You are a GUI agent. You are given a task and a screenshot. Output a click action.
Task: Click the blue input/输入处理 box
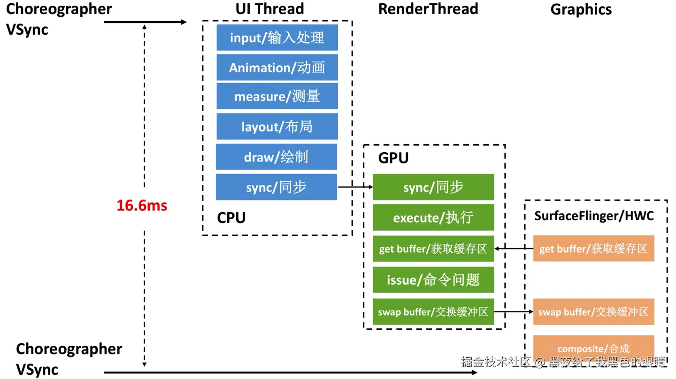(x=277, y=38)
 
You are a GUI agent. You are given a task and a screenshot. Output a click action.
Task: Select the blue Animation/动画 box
(x=277, y=68)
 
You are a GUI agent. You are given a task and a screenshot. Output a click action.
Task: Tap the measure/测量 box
(x=277, y=96)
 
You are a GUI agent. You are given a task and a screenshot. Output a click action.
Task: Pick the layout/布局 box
(x=277, y=126)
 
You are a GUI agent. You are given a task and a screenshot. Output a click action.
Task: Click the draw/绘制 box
(x=277, y=157)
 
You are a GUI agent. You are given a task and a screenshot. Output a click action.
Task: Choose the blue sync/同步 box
(x=277, y=187)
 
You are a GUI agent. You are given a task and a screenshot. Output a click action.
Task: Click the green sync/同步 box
(x=433, y=187)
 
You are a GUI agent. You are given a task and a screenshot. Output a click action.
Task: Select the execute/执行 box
(x=433, y=217)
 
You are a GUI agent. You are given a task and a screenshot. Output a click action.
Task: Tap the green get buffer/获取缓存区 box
(x=433, y=249)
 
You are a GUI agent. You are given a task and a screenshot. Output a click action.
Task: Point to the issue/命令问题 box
(x=433, y=280)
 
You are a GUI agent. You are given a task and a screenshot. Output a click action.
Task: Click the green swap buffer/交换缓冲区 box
(x=433, y=311)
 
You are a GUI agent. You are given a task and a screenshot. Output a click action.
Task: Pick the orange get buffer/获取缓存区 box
(x=593, y=248)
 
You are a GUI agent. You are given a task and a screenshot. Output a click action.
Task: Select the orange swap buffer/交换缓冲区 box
(x=593, y=311)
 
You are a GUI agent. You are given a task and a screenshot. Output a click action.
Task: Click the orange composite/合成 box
(x=593, y=348)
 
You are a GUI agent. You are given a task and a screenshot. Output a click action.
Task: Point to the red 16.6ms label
(x=142, y=205)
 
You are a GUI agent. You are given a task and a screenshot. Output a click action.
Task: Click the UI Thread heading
(x=269, y=9)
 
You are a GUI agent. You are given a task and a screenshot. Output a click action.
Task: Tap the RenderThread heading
(x=428, y=9)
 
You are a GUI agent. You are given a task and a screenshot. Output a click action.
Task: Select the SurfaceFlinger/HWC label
(x=594, y=216)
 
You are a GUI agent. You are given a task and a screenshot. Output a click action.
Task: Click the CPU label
(x=231, y=218)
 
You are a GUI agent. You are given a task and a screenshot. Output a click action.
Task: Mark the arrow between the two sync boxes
(x=355, y=187)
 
